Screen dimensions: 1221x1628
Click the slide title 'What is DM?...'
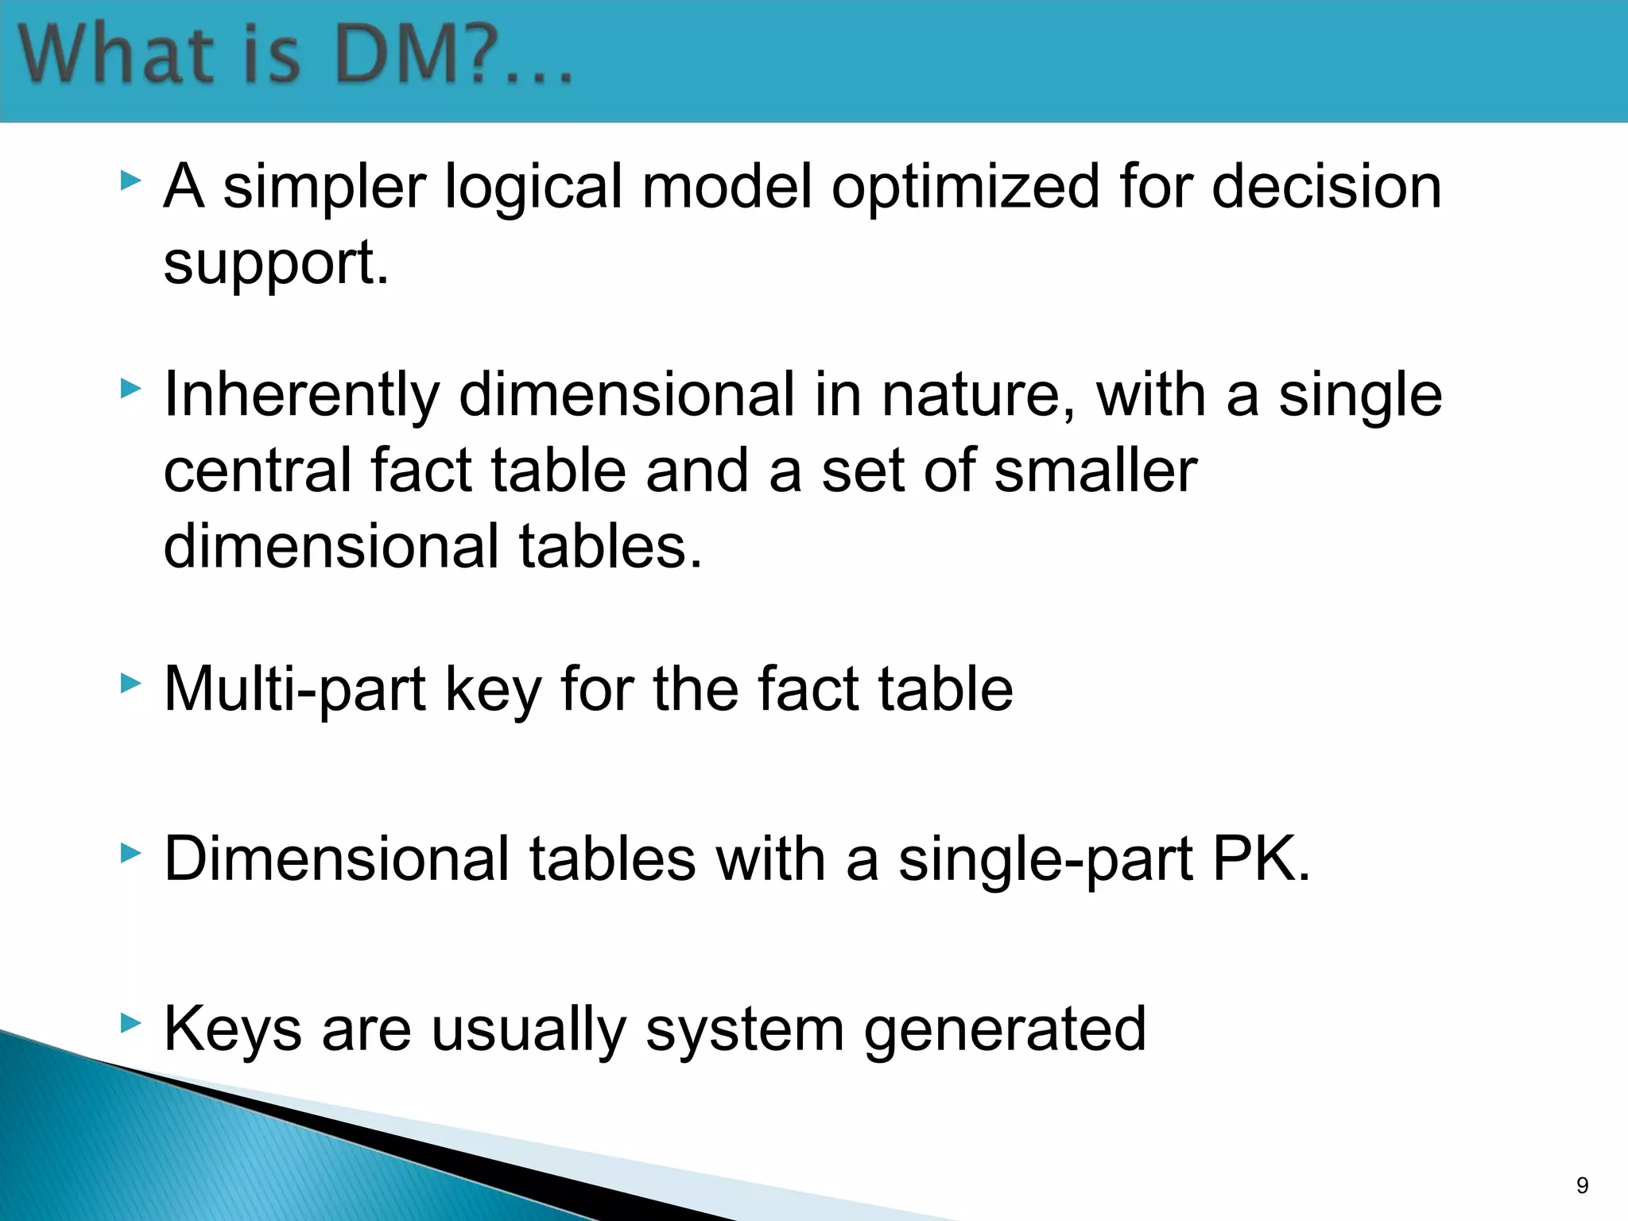[x=296, y=56]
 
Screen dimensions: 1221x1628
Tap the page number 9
[x=1582, y=1185]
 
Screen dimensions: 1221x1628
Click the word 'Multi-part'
[x=295, y=689]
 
